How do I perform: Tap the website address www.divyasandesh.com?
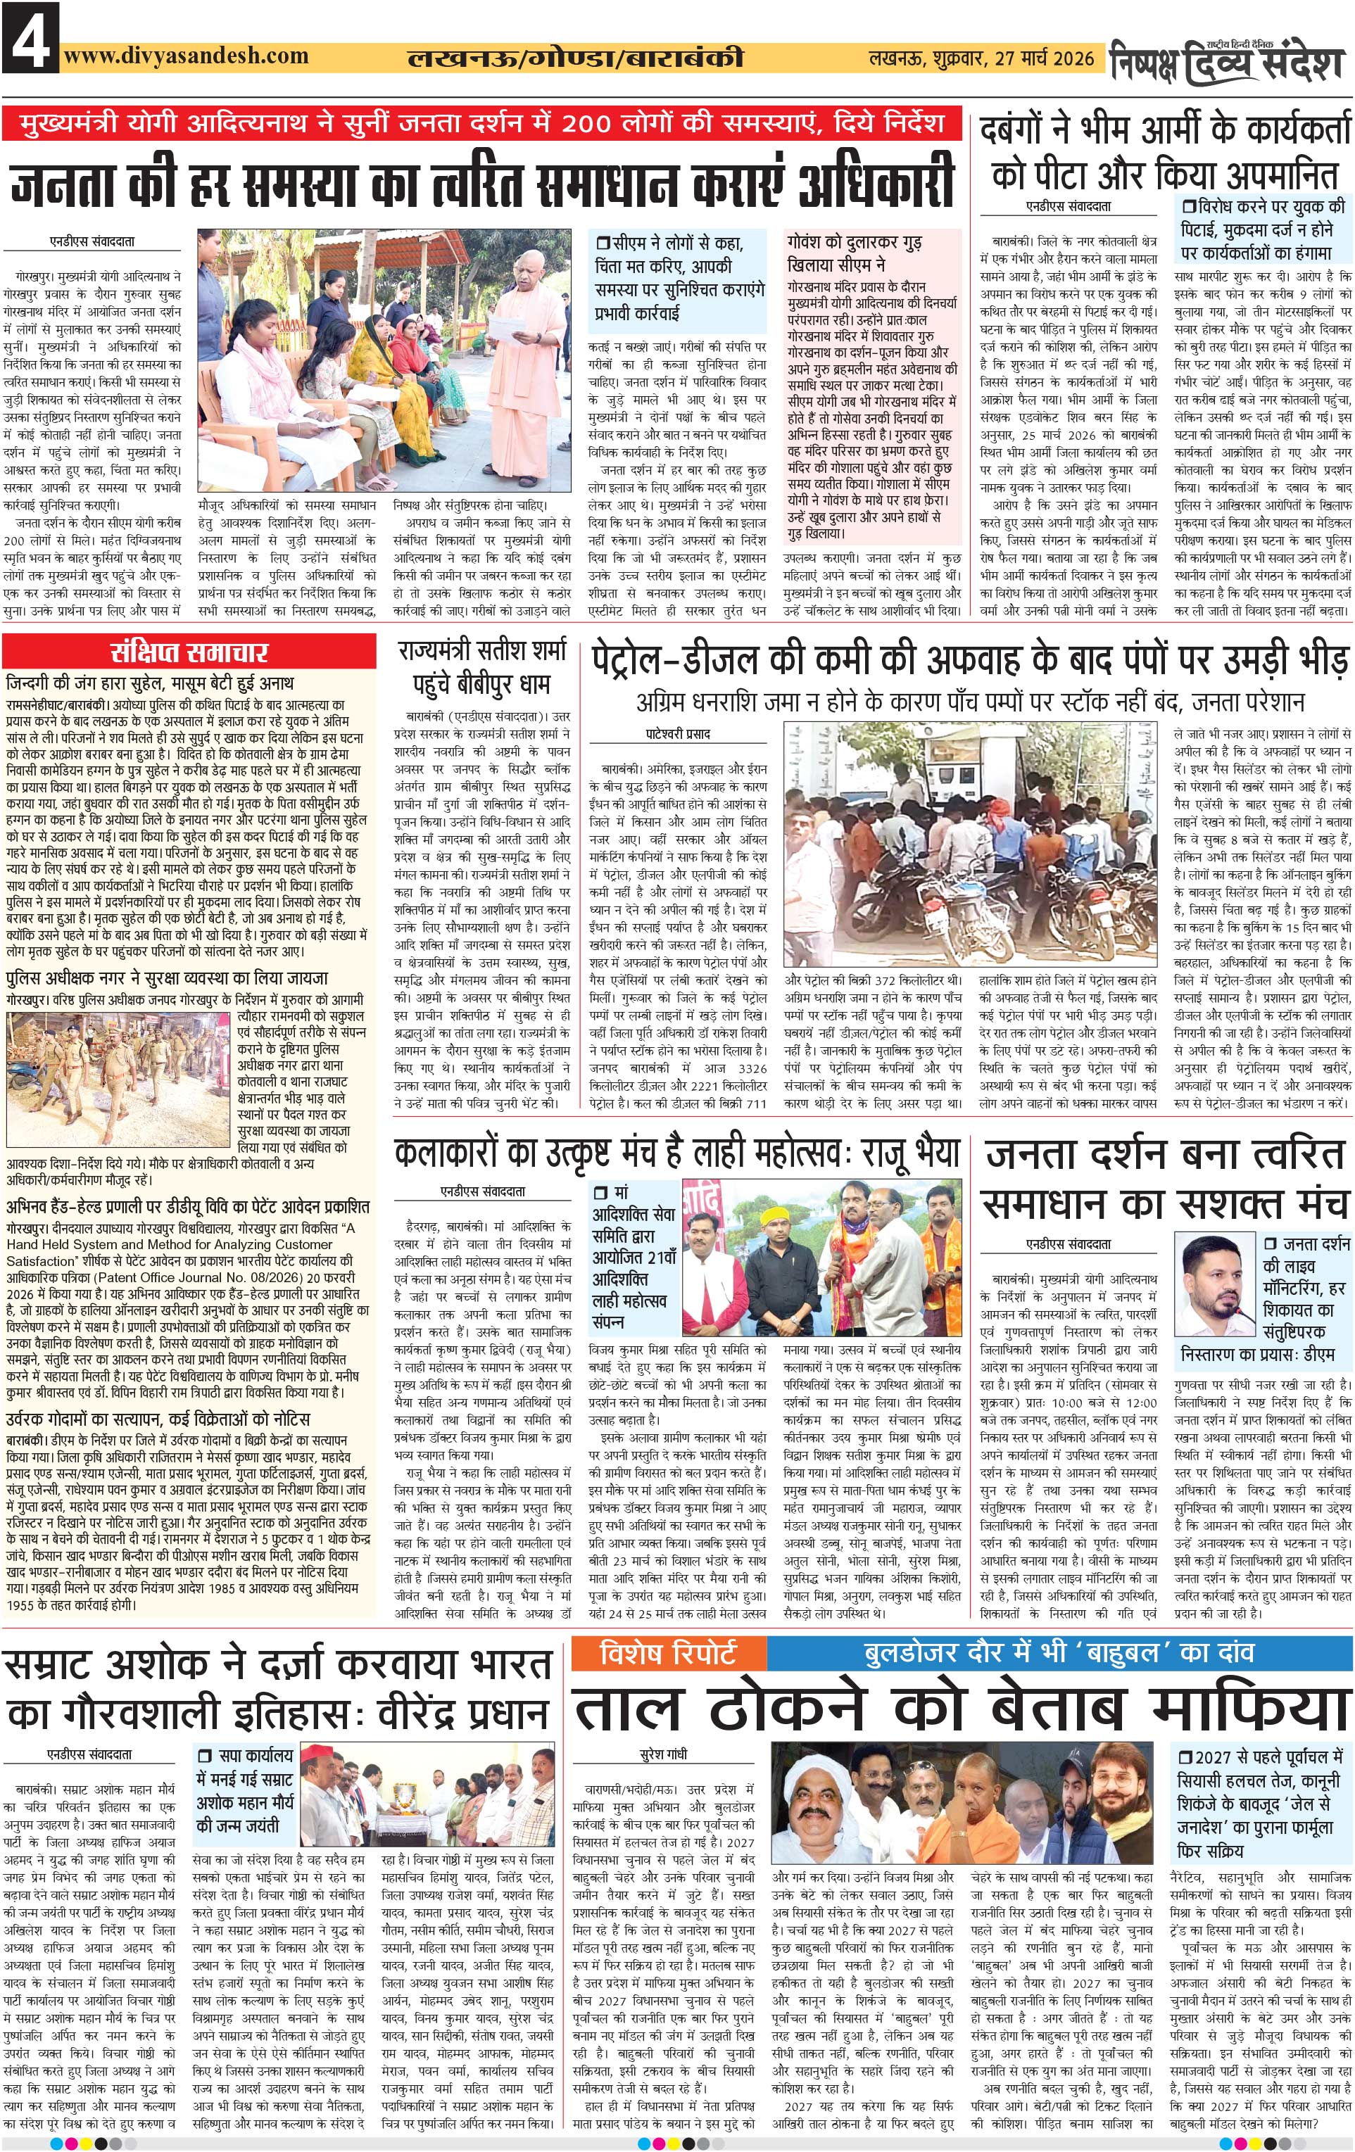point(187,56)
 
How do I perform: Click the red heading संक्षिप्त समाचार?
point(189,652)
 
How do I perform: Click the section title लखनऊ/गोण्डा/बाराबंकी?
point(574,59)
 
